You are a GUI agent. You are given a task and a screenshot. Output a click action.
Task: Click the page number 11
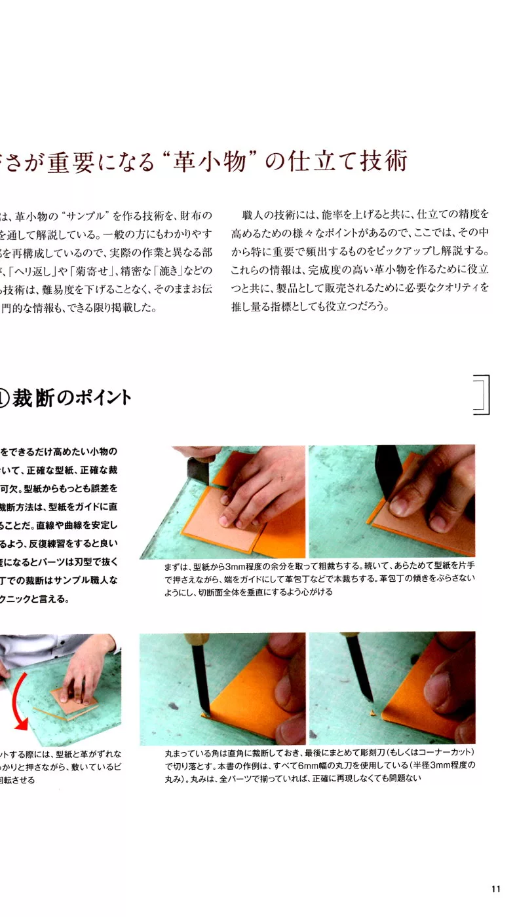click(495, 889)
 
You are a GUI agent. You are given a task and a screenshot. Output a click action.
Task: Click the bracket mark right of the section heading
click(482, 395)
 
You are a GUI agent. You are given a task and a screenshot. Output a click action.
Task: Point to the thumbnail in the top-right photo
click(399, 505)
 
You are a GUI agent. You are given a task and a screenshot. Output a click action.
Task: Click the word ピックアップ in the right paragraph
click(406, 252)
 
